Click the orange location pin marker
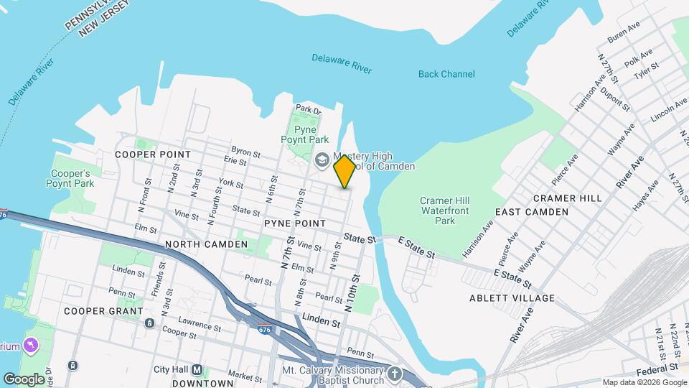[345, 171]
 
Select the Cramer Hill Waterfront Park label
[445, 211]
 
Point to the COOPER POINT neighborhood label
[154, 154]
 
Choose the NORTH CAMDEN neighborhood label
[206, 244]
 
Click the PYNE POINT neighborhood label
[294, 223]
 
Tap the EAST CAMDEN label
[532, 212]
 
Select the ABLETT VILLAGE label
[512, 297]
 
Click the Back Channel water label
[446, 74]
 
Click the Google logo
[24, 379]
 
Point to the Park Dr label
[308, 109]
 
